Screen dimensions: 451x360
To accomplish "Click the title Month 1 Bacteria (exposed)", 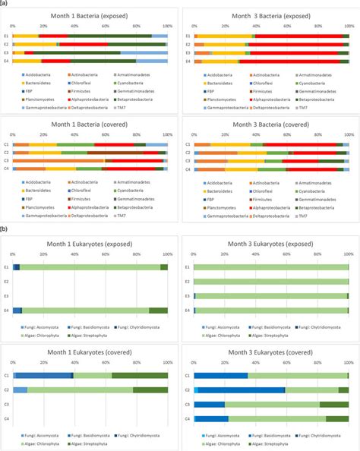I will tap(89, 17).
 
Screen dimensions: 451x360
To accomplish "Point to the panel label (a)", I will tap(5, 3).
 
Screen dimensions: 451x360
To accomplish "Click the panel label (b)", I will tap(5, 228).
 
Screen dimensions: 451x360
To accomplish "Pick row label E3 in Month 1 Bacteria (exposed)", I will tap(6, 52).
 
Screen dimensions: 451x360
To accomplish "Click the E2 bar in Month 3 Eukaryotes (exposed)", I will tap(270, 282).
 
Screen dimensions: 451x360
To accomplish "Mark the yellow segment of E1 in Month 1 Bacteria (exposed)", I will tap(26, 36).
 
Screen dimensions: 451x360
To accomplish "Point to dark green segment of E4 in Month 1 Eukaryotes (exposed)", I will tap(158, 310).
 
